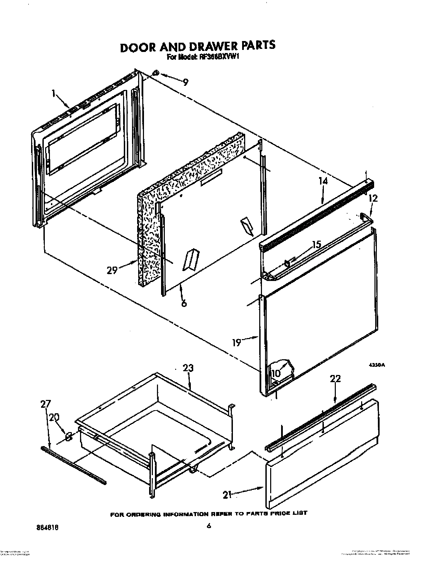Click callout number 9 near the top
(x=185, y=82)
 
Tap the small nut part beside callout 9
(x=156, y=72)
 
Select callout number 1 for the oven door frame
(x=54, y=94)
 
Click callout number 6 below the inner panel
(x=184, y=303)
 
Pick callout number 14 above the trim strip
(x=323, y=181)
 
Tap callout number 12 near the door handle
(x=373, y=198)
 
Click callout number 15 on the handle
(x=316, y=244)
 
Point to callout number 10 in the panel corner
(x=276, y=373)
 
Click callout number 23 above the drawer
(x=188, y=368)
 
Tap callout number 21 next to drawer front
(x=227, y=494)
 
